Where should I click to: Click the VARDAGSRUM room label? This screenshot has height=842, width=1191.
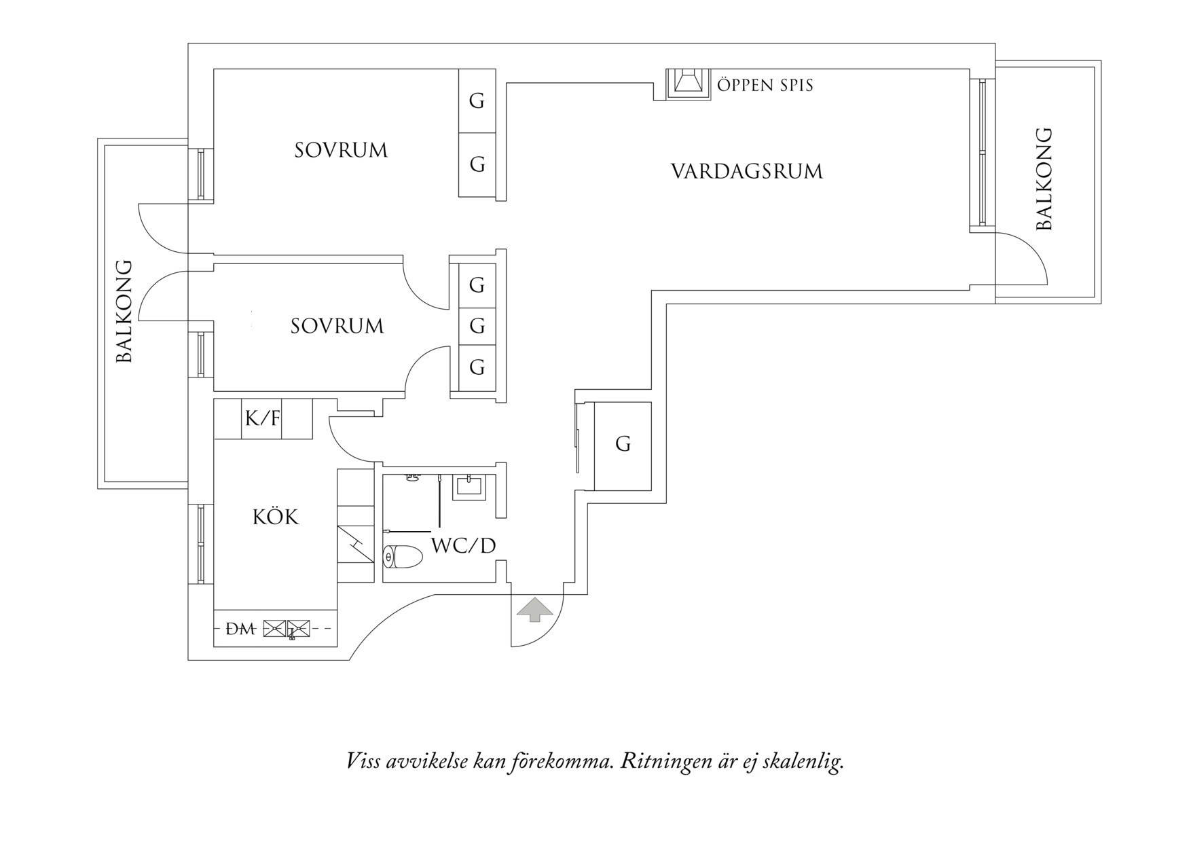746,171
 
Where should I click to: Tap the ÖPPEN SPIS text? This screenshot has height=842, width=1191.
765,86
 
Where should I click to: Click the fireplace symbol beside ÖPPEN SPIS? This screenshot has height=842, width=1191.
688,83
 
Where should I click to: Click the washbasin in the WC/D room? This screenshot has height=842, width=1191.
469,486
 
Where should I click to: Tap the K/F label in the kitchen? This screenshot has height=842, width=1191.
262,418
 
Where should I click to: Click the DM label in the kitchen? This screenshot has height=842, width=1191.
240,629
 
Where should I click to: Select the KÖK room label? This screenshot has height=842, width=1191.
275,517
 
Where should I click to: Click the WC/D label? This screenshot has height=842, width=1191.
464,545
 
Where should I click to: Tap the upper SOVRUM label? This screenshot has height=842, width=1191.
341,150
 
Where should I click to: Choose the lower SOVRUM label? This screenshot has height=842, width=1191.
337,327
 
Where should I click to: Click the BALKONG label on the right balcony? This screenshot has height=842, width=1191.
1044,179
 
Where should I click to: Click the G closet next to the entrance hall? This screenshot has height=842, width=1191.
623,445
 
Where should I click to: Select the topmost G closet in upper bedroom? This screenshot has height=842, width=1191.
477,101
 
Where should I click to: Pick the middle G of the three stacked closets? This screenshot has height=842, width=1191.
477,326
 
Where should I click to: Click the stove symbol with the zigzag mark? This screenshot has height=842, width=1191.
355,543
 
